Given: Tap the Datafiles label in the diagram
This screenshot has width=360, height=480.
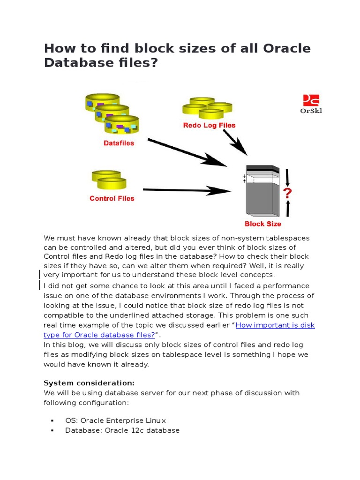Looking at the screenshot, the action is click(x=119, y=143).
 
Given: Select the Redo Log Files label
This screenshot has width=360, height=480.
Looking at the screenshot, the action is click(x=209, y=125).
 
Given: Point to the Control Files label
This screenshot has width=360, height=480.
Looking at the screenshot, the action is click(x=112, y=198).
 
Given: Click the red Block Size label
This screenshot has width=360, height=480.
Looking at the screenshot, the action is click(x=263, y=224).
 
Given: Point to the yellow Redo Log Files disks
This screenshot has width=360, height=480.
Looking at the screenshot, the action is click(x=207, y=108).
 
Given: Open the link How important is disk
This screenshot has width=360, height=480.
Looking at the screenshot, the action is click(x=275, y=325).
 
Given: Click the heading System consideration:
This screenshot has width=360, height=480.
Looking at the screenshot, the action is click(x=89, y=382).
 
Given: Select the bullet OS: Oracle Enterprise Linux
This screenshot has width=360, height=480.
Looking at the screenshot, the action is click(x=115, y=420).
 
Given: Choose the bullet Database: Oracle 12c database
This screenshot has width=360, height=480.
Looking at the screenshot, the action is click(x=122, y=430).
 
